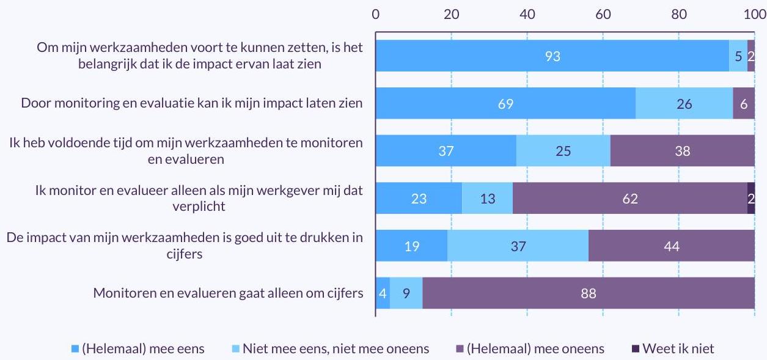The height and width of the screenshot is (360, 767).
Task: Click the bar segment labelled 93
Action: pos(552,56)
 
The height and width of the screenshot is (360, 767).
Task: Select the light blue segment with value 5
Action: pos(738,56)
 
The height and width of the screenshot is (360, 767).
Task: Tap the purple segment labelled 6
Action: pos(744,103)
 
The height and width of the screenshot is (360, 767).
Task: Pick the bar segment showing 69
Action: pos(505,103)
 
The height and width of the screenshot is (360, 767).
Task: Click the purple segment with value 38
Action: pos(682,151)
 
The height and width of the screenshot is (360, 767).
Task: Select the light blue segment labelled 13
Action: pos(487,198)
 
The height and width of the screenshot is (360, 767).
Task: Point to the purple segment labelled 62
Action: pos(629,198)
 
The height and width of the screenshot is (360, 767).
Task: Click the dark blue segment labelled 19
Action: pos(411,246)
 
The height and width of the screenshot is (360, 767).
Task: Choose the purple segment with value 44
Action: pos(671,246)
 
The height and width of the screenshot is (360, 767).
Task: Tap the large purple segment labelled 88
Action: pos(588,293)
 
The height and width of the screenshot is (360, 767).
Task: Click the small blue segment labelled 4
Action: pos(383,293)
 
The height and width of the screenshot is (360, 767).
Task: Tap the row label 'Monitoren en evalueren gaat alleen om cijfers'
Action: pos(228,293)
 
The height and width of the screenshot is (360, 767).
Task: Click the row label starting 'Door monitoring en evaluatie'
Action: pos(192,103)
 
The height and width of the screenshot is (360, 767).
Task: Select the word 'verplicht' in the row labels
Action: pos(199,206)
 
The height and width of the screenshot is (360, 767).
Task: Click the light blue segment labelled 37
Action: pos(518,246)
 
